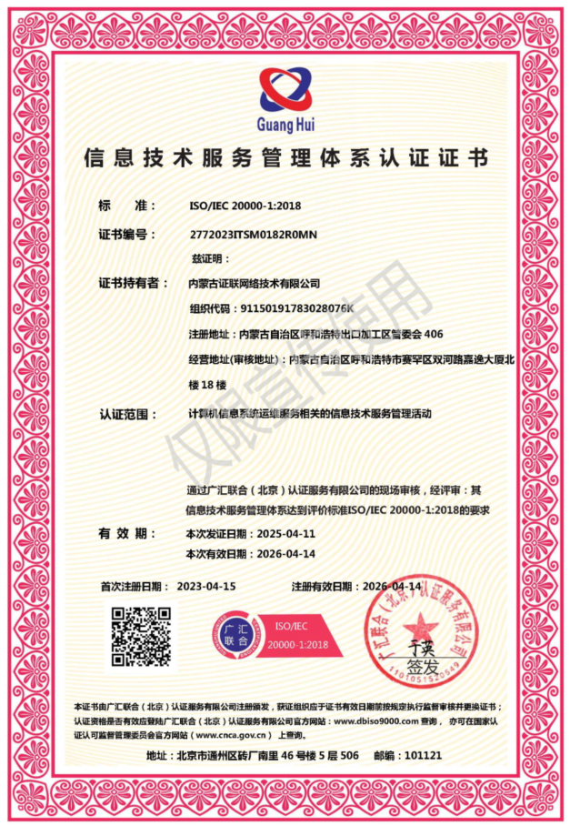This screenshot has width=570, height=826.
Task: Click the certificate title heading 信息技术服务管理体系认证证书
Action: (x=285, y=158)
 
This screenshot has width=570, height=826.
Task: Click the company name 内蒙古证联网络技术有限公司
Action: (x=254, y=284)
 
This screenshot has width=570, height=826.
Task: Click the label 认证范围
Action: (x=123, y=414)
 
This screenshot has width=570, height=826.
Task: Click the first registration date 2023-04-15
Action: (x=206, y=586)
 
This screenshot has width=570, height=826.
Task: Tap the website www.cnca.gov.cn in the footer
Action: (x=229, y=734)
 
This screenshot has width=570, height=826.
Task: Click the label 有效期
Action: (x=122, y=533)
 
